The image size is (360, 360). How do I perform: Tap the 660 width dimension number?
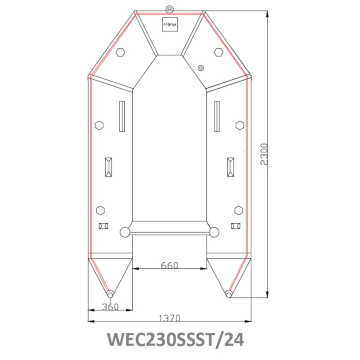[170, 265]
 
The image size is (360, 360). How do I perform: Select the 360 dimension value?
[110, 307]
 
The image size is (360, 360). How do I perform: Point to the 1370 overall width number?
[170, 318]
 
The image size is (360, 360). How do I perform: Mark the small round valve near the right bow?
[200, 68]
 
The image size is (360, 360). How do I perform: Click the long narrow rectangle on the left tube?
[121, 116]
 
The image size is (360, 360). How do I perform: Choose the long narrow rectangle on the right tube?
[217, 116]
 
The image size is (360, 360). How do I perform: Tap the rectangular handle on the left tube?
[108, 167]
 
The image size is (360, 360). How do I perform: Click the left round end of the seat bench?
[125, 232]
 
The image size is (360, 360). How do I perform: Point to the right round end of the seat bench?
[214, 232]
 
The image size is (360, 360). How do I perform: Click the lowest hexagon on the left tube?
[100, 210]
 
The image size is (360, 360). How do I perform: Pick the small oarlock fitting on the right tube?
[235, 226]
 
